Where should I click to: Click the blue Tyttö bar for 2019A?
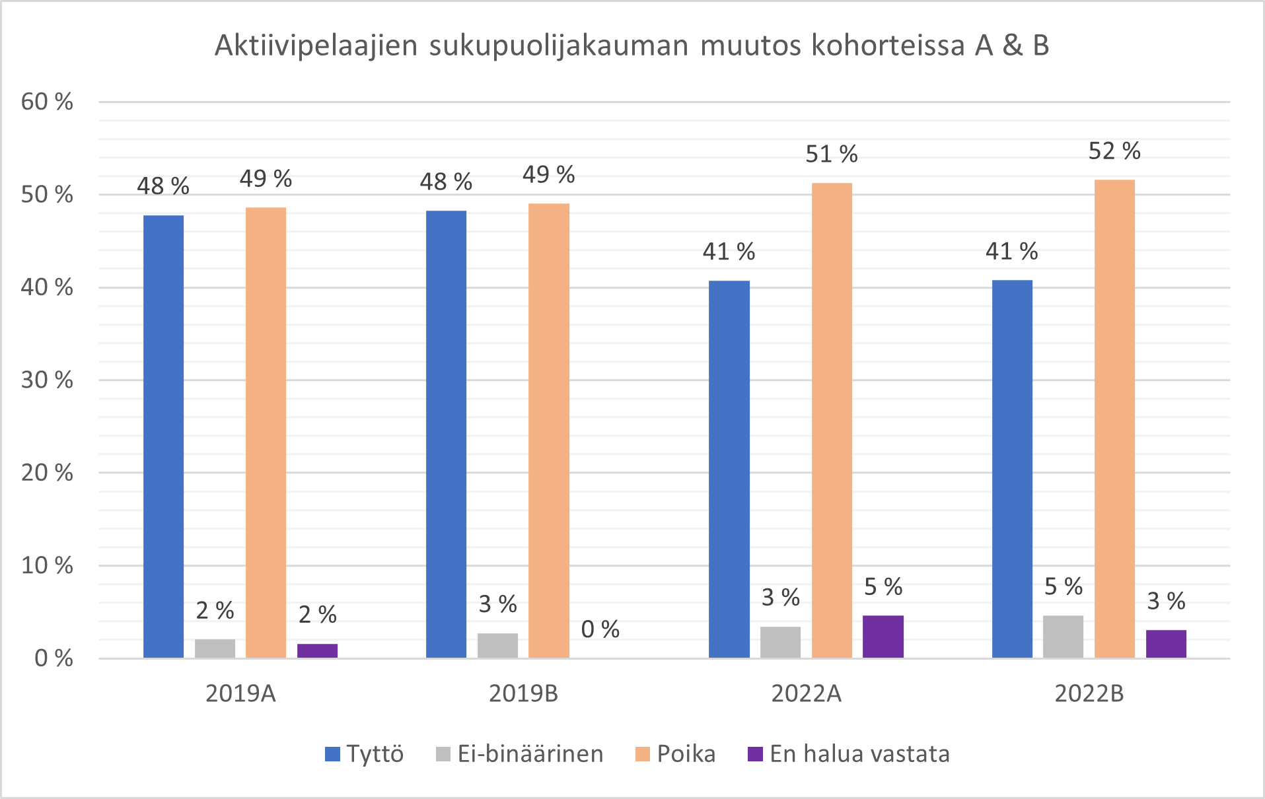tap(163, 436)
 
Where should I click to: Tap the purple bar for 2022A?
tap(883, 637)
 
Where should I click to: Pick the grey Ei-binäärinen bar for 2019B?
tap(497, 646)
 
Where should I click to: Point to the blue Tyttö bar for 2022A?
tap(729, 469)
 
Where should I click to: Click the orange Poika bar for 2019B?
tap(548, 430)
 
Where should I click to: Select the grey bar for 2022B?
tap(1063, 637)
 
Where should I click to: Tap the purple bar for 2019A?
tap(317, 650)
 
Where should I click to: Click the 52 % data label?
tap(1114, 151)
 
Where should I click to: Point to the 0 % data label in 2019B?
tap(600, 629)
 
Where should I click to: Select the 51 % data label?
tap(831, 155)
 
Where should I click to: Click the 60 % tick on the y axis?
tap(47, 102)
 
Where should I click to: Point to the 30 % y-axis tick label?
tap(47, 380)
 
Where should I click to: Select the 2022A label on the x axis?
tap(806, 693)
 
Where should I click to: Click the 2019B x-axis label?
tap(523, 693)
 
